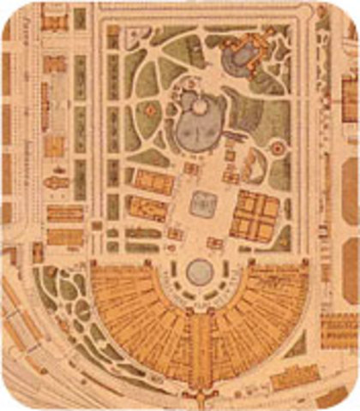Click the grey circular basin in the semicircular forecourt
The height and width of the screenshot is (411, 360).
coord(200,271)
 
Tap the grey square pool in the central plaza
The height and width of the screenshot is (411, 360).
coord(203,203)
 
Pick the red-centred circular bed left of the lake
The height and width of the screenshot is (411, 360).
coord(151,110)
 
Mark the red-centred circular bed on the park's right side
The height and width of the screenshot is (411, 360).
coord(276,147)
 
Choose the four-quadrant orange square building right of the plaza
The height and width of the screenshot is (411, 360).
coord(255,216)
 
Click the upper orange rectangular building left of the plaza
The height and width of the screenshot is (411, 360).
coord(154,181)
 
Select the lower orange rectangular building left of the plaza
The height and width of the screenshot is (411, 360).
coord(147,208)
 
